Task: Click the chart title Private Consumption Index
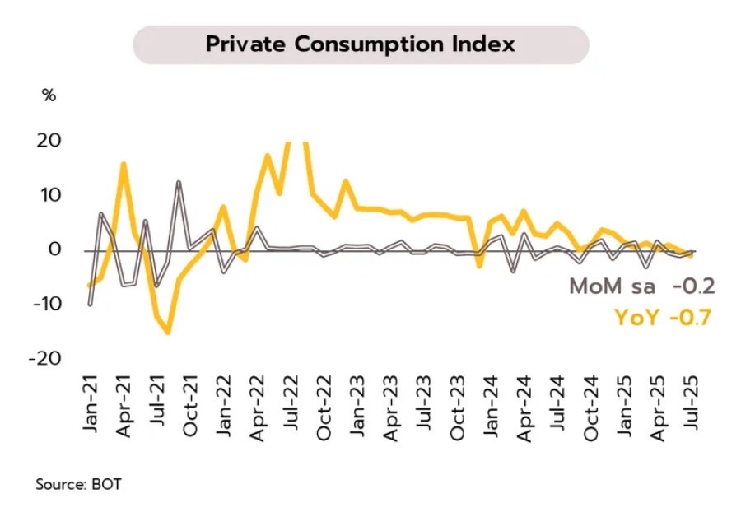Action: tap(361, 44)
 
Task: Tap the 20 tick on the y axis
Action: tap(49, 140)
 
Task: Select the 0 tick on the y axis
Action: tap(54, 249)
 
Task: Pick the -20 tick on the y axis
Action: tap(44, 358)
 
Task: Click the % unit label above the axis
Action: tap(49, 95)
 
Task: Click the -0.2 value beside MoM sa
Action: tap(693, 287)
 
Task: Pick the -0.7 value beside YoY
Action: tap(692, 317)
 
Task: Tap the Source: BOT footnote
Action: tap(78, 484)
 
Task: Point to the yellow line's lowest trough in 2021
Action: tap(168, 332)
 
